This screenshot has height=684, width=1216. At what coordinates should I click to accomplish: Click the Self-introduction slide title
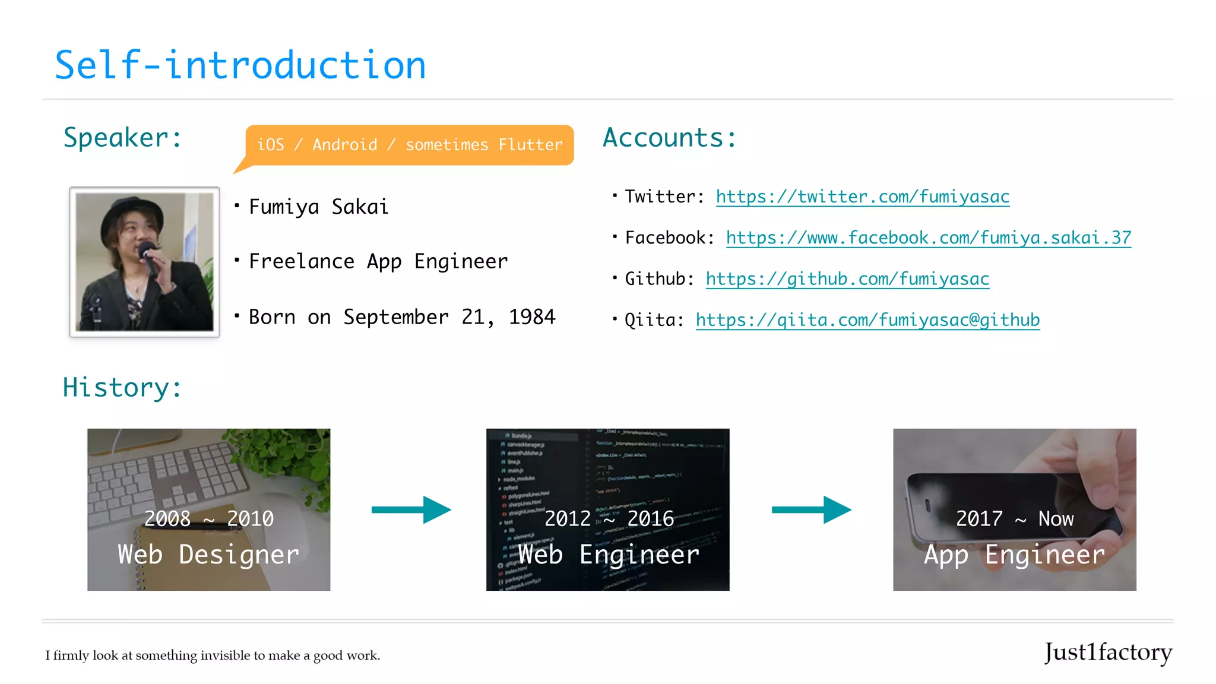point(240,65)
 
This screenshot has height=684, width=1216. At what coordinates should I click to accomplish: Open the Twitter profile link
point(862,197)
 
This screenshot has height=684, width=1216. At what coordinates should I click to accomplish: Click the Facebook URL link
point(928,237)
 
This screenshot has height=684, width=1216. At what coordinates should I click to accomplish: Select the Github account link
point(847,278)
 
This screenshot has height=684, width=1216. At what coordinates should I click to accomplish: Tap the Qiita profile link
point(867,320)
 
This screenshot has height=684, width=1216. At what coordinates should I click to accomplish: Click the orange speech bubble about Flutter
point(410,145)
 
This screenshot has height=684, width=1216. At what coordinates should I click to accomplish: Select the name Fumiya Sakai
point(318,207)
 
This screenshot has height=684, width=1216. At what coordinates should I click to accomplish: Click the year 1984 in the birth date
point(532,317)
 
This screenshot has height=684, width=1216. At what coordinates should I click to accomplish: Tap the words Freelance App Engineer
point(378,261)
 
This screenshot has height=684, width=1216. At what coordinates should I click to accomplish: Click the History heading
point(122,388)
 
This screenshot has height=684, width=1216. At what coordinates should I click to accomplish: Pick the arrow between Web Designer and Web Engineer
point(411,509)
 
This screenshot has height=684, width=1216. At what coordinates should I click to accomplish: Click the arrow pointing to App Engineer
point(811,509)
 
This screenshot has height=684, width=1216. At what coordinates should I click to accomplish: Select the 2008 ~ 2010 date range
point(209,519)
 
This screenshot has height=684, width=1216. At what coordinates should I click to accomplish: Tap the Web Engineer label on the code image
point(609,555)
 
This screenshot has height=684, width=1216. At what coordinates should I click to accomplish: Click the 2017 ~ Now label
point(1014,519)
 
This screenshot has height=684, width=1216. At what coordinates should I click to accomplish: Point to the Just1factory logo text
point(1108,653)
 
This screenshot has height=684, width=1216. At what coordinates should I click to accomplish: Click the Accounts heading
point(669,138)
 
